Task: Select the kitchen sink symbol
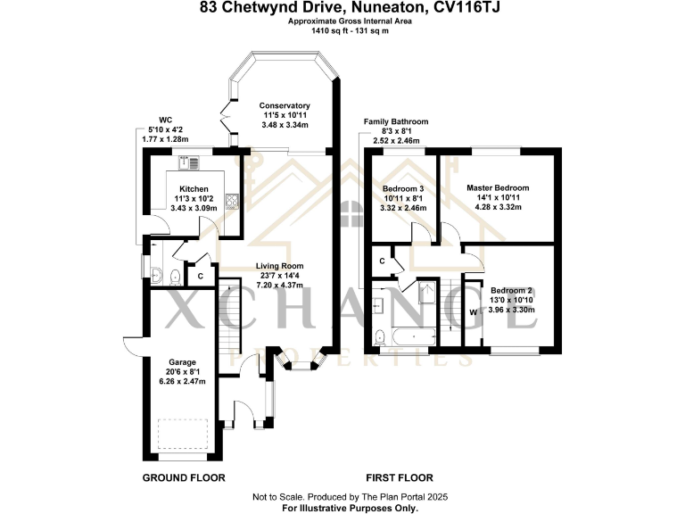(x=189, y=162)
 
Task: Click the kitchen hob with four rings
(x=231, y=201)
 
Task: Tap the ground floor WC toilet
(x=176, y=276)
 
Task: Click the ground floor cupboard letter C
(x=200, y=276)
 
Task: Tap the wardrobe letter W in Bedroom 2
(x=474, y=312)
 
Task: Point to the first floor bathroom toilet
(x=381, y=336)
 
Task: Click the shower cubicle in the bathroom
(x=425, y=295)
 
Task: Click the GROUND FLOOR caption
(x=184, y=477)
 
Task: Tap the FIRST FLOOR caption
(x=400, y=477)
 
